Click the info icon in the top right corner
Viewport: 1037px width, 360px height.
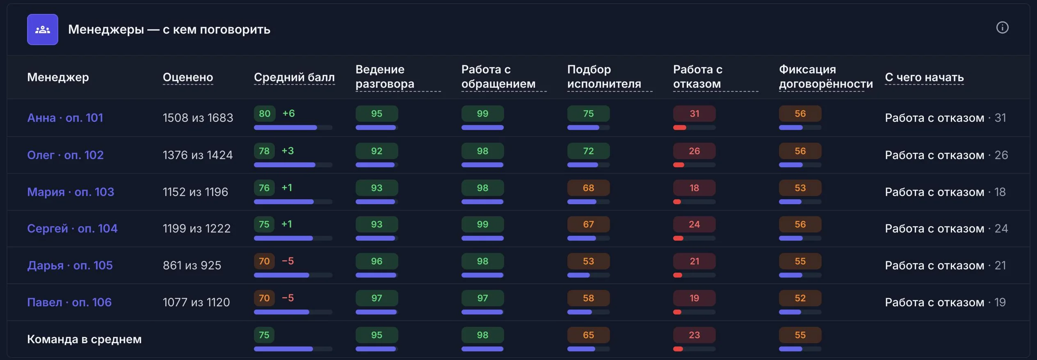pyautogui.click(x=1002, y=27)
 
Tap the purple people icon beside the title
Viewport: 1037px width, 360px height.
pyautogui.click(x=43, y=30)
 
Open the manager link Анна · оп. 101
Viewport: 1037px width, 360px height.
pyautogui.click(x=65, y=118)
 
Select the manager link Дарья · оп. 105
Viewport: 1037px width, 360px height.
pyautogui.click(x=70, y=265)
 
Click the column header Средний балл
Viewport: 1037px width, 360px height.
pyautogui.click(x=294, y=77)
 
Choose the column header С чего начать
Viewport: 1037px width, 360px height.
pyautogui.click(x=924, y=77)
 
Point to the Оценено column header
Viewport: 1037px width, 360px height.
pyautogui.click(x=188, y=77)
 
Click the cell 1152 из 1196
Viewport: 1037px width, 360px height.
pyautogui.click(x=195, y=192)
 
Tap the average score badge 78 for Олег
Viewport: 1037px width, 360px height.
pyautogui.click(x=264, y=151)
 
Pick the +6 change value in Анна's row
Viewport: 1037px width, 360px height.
pyautogui.click(x=289, y=114)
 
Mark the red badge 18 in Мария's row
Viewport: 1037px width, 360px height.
pyautogui.click(x=694, y=188)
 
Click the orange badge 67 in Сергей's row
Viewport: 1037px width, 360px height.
pyautogui.click(x=588, y=224)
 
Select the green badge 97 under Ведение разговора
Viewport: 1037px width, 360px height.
pyautogui.click(x=377, y=298)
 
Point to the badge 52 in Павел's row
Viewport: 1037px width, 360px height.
pyautogui.click(x=800, y=298)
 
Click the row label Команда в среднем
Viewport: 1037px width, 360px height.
pyautogui.click(x=84, y=339)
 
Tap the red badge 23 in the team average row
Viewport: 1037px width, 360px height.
pyautogui.click(x=694, y=335)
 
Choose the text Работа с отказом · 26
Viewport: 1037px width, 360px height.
pyautogui.click(x=946, y=155)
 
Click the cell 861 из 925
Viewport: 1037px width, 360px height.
pyautogui.click(x=192, y=265)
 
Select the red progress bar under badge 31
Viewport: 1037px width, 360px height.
pyautogui.click(x=680, y=128)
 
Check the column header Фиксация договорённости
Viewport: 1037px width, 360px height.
pyautogui.click(x=826, y=76)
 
